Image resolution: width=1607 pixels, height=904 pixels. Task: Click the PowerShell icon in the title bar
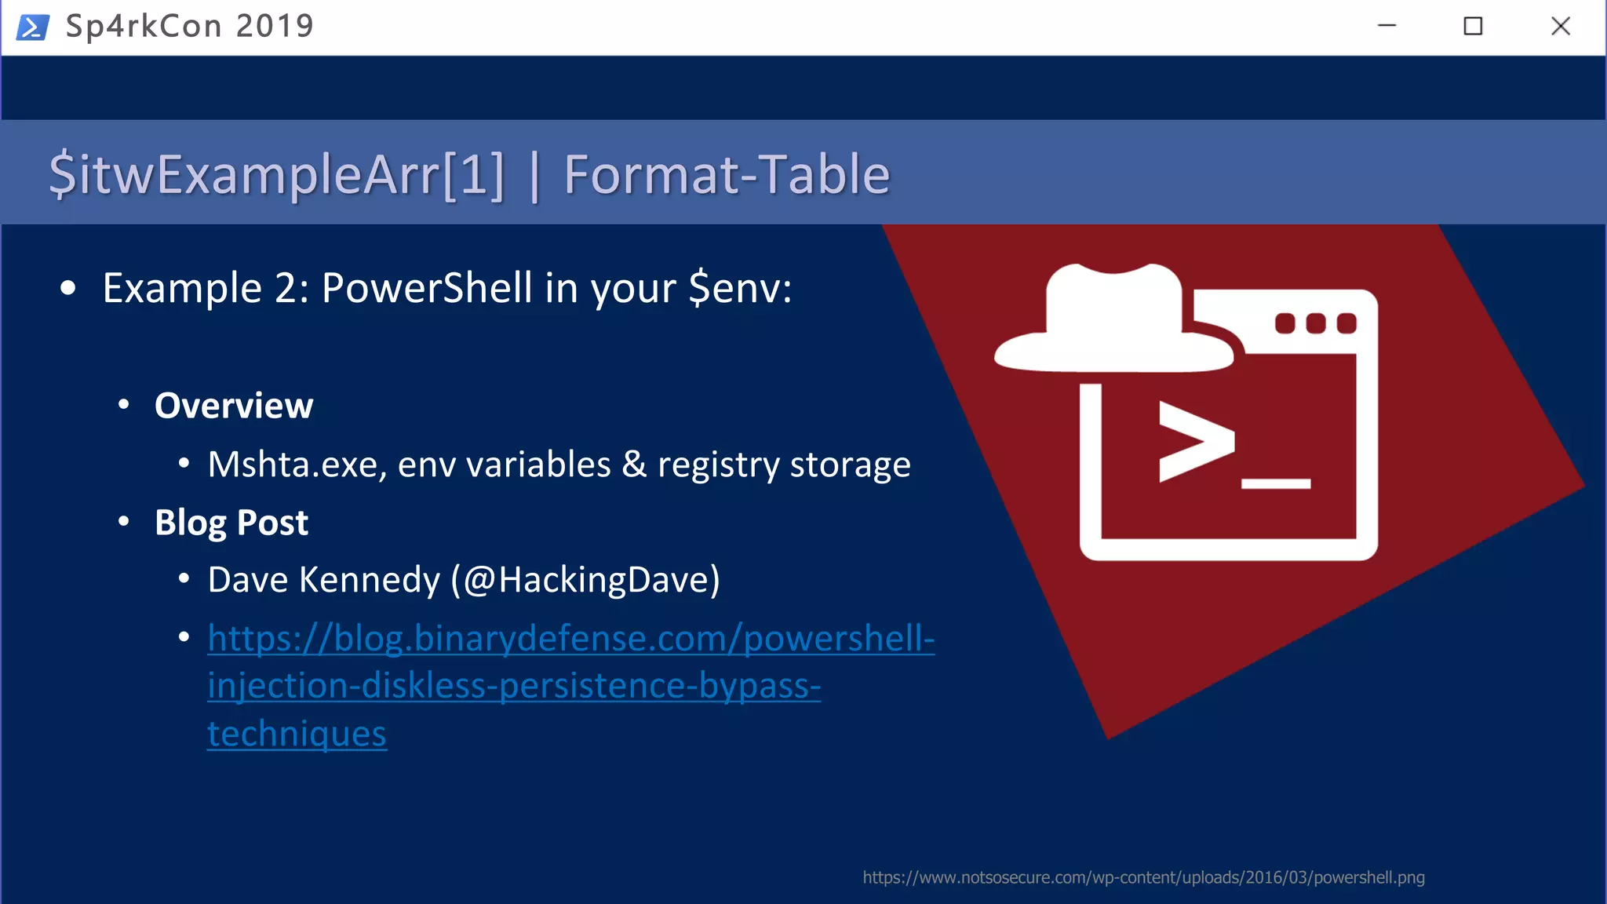coord(33,27)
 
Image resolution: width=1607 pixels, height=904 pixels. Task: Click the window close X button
coord(1560,27)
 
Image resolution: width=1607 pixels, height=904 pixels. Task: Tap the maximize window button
coord(1473,27)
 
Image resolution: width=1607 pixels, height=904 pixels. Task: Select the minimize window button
coord(1387,27)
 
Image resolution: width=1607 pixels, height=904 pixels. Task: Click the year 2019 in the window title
coord(275,27)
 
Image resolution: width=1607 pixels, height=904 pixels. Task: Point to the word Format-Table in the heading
coord(727,174)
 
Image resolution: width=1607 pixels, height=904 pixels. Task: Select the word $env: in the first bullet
coord(740,288)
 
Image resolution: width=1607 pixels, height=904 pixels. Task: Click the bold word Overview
coord(234,406)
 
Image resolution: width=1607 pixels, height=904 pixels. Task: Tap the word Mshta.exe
coord(297,465)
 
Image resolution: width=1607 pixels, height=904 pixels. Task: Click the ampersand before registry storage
coord(634,464)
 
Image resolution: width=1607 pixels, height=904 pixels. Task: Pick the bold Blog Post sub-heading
coord(231,523)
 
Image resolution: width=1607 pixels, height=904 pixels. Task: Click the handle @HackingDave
coord(585,581)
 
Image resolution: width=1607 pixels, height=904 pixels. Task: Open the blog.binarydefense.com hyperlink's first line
coord(570,639)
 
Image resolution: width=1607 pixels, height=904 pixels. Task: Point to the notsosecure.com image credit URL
coord(1143,877)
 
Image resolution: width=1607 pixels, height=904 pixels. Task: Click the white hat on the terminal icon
coord(1114,322)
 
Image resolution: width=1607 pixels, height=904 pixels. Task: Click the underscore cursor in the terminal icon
coord(1276,484)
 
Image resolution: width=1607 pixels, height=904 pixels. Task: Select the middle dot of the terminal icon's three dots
coord(1316,323)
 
